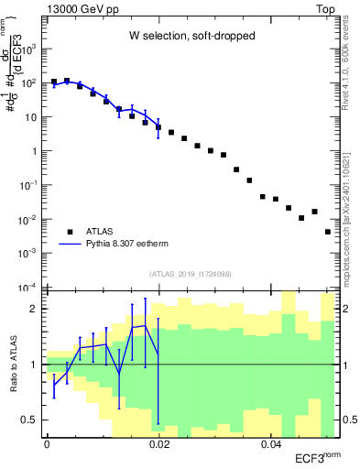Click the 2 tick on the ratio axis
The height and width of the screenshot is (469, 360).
[33, 309]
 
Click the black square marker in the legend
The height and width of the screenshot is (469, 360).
[71, 232]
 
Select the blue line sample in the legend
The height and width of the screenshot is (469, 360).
[71, 245]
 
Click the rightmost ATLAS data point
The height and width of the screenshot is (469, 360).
[328, 232]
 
